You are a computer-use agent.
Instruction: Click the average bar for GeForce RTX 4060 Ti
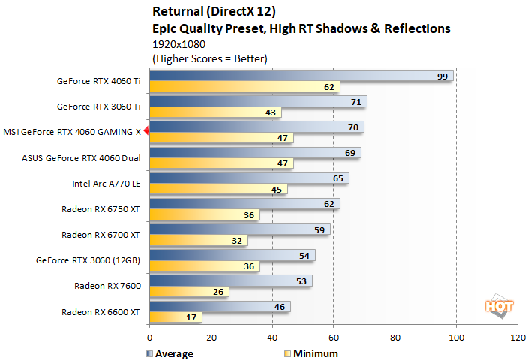300,76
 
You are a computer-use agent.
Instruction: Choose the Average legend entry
169,353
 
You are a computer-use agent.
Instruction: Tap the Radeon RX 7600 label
107,286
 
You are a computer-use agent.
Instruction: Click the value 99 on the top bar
442,76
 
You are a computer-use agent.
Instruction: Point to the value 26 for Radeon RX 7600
218,292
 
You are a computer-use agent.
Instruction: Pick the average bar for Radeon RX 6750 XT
244,203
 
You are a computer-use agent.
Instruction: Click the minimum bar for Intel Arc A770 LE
217,190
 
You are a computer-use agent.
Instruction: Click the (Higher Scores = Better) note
209,58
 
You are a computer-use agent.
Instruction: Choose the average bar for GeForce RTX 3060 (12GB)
232,255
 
